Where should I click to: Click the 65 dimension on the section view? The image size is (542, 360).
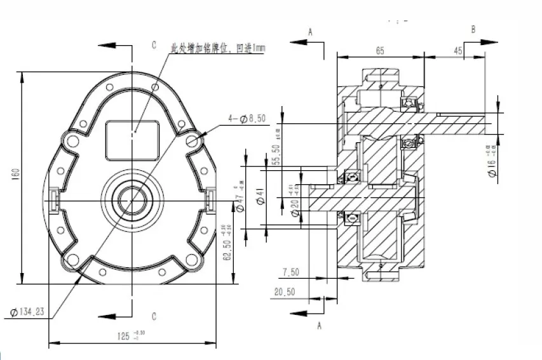pos(379,51)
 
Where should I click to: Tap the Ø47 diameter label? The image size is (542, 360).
pos(240,199)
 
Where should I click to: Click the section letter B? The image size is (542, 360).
pos(472,30)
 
